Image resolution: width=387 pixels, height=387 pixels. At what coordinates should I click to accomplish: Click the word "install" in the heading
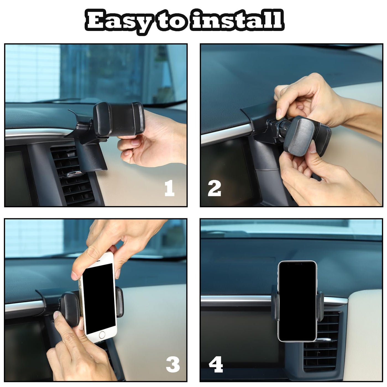(237, 20)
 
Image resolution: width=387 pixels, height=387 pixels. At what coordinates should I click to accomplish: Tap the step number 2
(214, 188)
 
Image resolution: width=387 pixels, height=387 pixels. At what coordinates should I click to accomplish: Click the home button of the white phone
(102, 335)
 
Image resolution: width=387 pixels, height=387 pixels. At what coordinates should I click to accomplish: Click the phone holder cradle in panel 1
(119, 120)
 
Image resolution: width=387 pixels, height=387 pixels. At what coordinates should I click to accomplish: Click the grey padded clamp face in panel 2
(299, 137)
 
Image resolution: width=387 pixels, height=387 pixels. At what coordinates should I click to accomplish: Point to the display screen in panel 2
(227, 171)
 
